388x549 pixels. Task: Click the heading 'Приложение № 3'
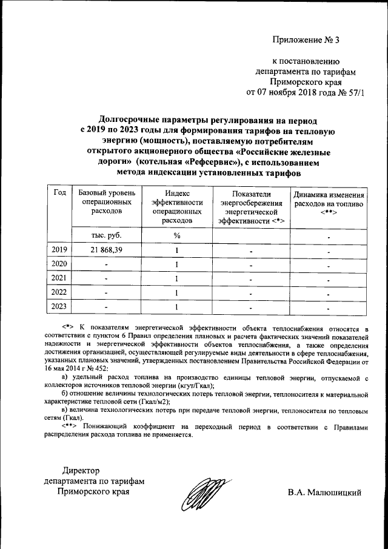coord(307,41)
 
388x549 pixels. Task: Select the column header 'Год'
coord(60,192)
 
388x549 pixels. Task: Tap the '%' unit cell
coord(177,235)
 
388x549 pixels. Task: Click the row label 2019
coord(60,250)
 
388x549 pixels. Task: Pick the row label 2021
coord(60,278)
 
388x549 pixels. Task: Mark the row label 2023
coord(60,306)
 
